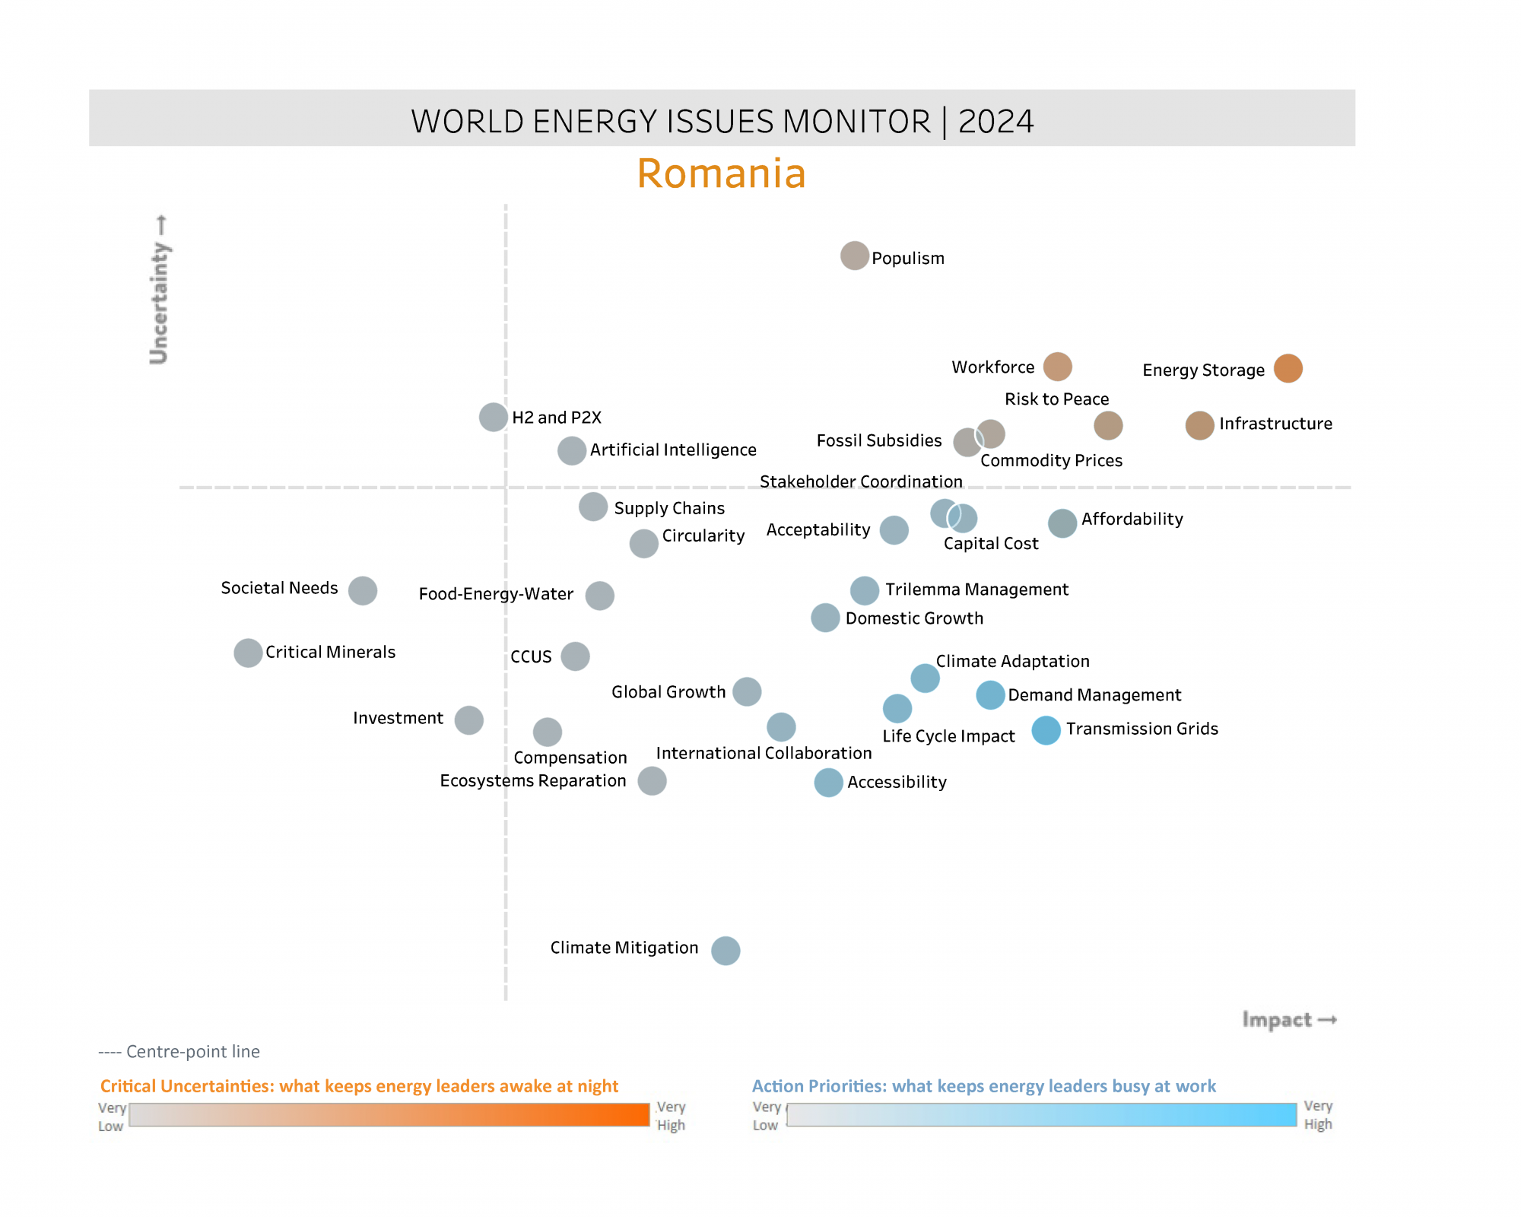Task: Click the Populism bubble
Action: pyautogui.click(x=854, y=256)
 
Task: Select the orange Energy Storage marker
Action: pyautogui.click(x=1288, y=368)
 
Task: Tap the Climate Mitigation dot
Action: pyautogui.click(x=726, y=950)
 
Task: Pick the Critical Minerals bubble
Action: pyautogui.click(x=248, y=653)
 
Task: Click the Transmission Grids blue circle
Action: pyautogui.click(x=1046, y=730)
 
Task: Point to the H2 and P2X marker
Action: pyautogui.click(x=494, y=417)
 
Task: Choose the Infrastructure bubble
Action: pyautogui.click(x=1199, y=425)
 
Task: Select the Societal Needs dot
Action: pyautogui.click(x=363, y=590)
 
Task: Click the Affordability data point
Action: pyautogui.click(x=1062, y=523)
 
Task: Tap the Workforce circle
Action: pyautogui.click(x=1057, y=367)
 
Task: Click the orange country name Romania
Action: pyautogui.click(x=721, y=173)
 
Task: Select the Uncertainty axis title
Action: pyautogui.click(x=159, y=290)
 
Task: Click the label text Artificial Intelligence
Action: pyautogui.click(x=673, y=450)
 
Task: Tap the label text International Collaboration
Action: pyautogui.click(x=764, y=753)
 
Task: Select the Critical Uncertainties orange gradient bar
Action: pyautogui.click(x=389, y=1114)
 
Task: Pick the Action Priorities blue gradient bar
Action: pyautogui.click(x=1041, y=1114)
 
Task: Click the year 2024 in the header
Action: pyautogui.click(x=995, y=122)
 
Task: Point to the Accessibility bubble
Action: pyautogui.click(x=828, y=783)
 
